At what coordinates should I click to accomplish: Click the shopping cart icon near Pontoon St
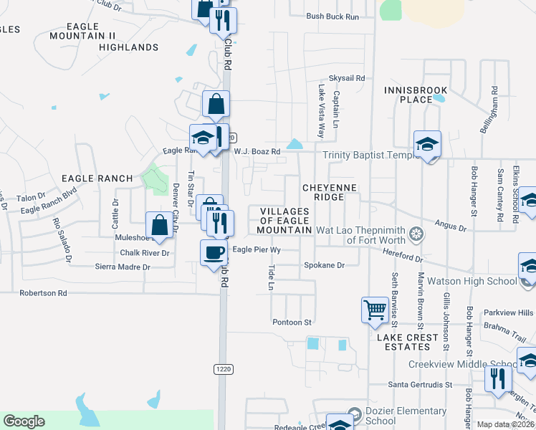(x=375, y=310)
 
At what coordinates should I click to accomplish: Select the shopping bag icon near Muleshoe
(x=160, y=224)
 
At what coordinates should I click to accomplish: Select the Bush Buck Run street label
(x=332, y=16)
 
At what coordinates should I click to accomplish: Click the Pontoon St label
(x=292, y=322)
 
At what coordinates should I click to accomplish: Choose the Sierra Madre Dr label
(x=123, y=267)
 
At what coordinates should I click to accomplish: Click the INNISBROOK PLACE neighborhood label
(x=416, y=95)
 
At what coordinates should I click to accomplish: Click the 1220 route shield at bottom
(x=222, y=368)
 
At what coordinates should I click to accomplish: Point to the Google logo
(x=24, y=421)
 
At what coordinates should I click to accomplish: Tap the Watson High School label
(x=469, y=281)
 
